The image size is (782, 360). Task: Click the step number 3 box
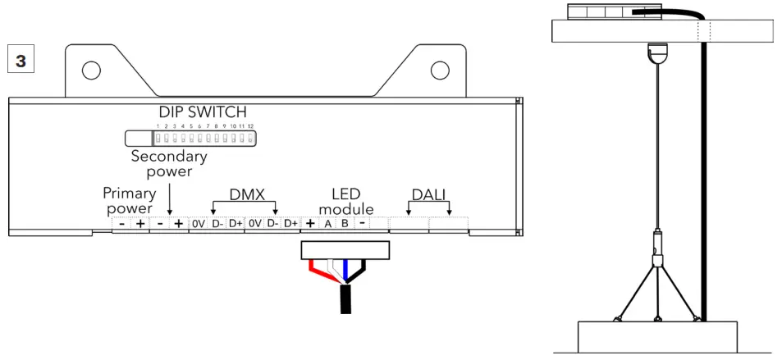20,61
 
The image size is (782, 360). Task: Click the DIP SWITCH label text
202,112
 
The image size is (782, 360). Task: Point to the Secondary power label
169,163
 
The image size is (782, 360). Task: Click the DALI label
429,194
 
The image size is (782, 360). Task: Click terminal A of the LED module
327,224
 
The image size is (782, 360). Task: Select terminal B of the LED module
345,224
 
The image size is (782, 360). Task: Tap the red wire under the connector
317,268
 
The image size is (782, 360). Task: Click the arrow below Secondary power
169,198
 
